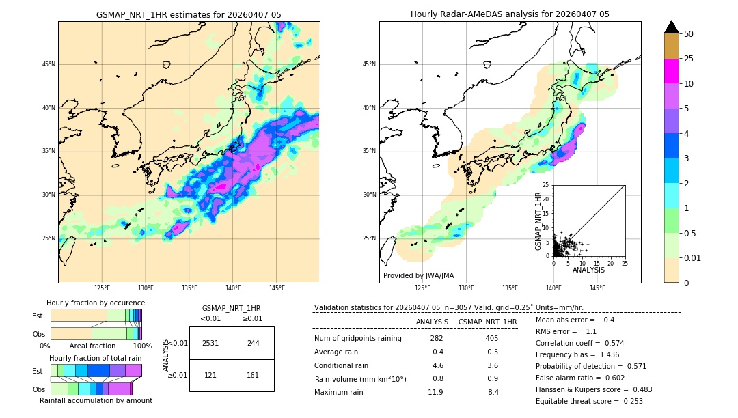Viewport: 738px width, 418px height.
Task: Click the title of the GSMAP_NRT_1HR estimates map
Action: (x=189, y=14)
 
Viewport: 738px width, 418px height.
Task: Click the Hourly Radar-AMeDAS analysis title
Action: (x=510, y=14)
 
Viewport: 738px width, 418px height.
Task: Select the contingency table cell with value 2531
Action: (x=210, y=343)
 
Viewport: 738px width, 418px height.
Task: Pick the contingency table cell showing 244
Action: (x=253, y=343)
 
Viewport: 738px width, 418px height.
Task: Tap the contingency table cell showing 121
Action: (x=210, y=375)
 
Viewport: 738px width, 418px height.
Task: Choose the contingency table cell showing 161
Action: (x=253, y=375)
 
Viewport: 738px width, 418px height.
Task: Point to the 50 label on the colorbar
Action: (x=689, y=33)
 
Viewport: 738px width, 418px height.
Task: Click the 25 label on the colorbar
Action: (x=689, y=59)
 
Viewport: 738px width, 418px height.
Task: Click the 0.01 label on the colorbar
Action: (x=692, y=257)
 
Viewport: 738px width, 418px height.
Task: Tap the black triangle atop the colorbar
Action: (x=672, y=27)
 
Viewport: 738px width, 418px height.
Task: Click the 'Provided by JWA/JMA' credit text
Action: (x=418, y=276)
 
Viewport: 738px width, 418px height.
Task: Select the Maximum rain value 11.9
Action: (x=435, y=392)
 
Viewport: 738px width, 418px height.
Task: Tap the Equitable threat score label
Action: (x=578, y=402)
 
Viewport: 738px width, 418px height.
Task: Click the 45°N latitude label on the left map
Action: (x=49, y=64)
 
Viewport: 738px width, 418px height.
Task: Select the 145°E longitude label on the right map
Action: (x=597, y=288)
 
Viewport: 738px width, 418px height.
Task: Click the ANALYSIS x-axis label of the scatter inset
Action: (x=588, y=270)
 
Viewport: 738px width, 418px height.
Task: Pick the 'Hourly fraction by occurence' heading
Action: (x=96, y=303)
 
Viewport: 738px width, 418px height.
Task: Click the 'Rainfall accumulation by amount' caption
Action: (x=96, y=400)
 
